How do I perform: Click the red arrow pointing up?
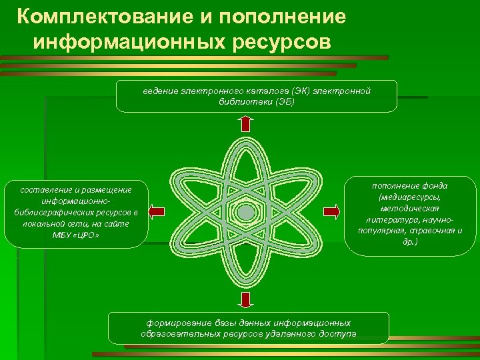point(246,123)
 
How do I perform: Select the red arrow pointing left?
point(156,212)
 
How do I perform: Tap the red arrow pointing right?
point(331,212)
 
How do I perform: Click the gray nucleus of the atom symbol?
point(246,213)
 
